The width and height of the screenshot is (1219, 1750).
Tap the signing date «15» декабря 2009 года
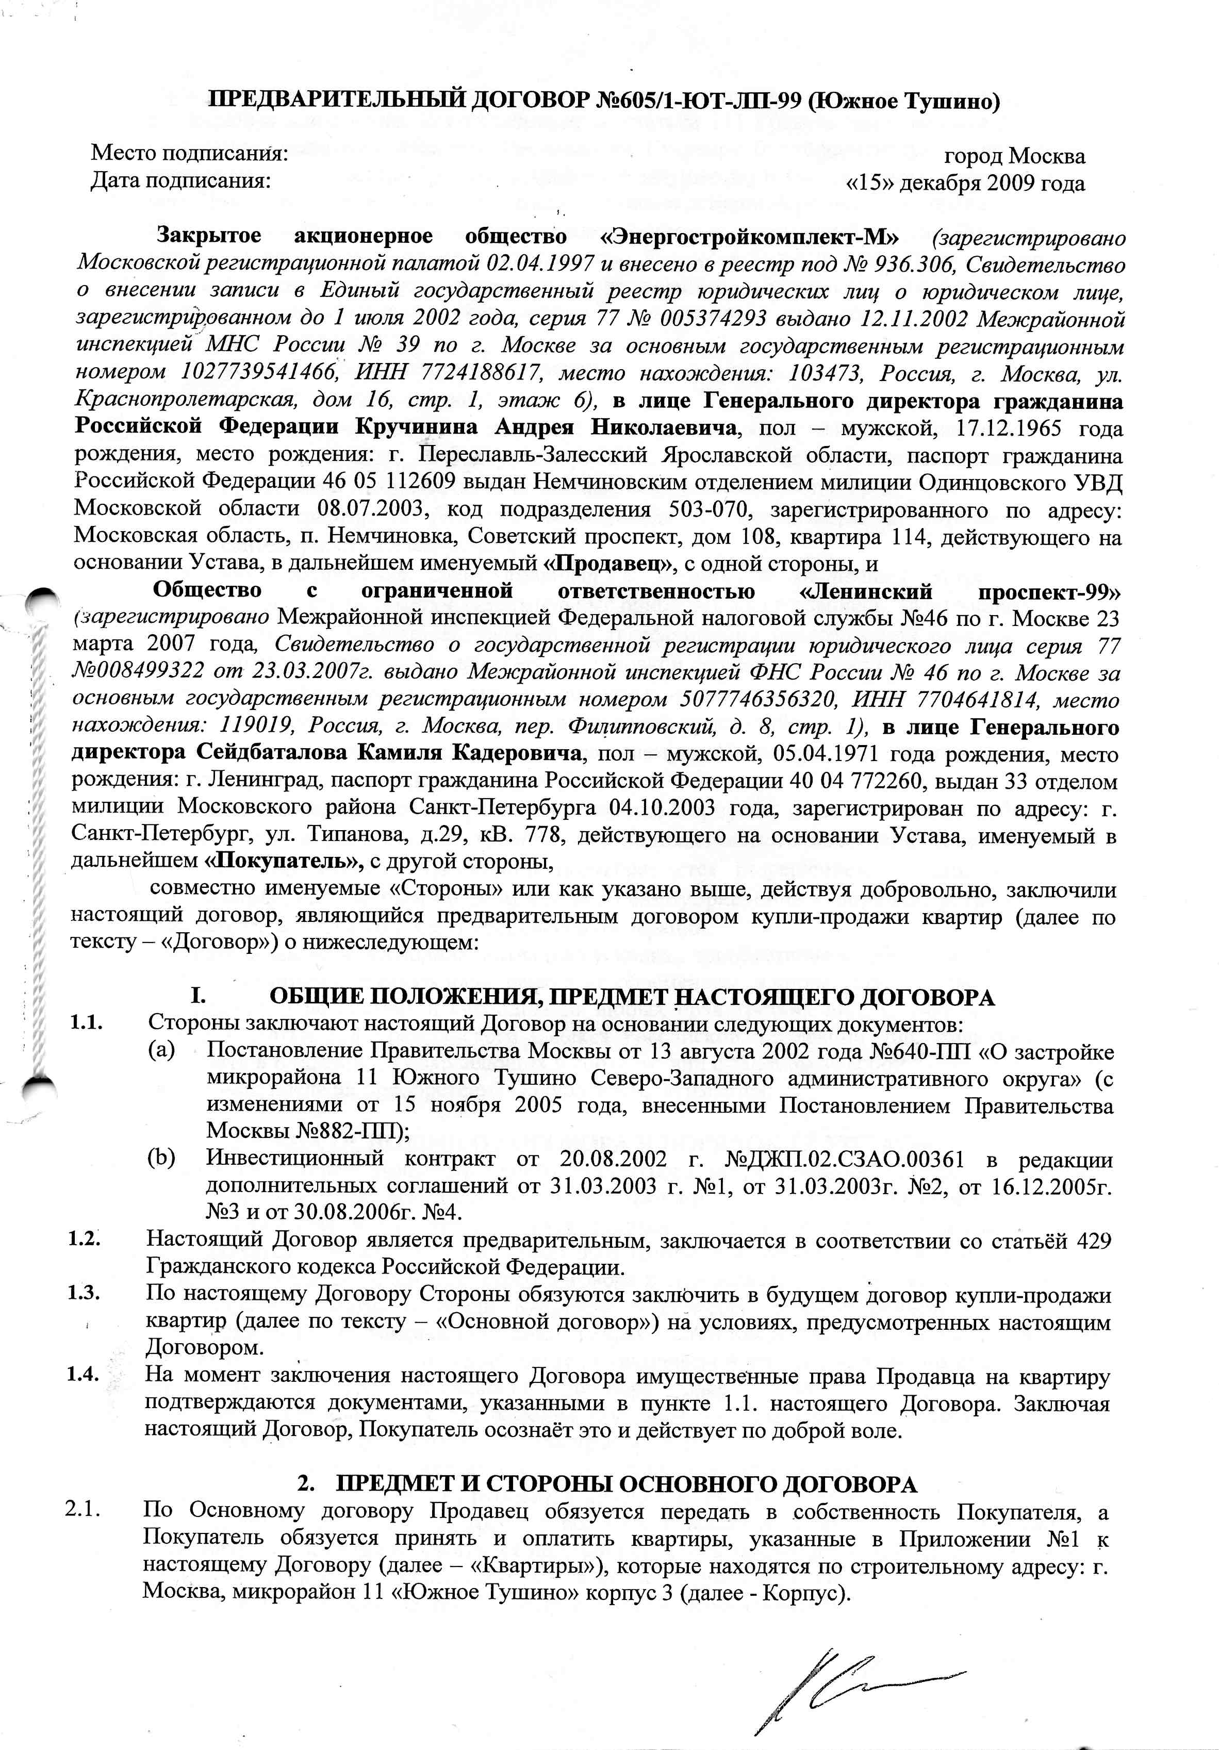[965, 184]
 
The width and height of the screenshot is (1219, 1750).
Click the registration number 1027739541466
[259, 373]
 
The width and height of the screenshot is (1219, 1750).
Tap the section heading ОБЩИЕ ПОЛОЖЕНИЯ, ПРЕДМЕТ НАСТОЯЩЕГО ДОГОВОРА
[632, 997]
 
